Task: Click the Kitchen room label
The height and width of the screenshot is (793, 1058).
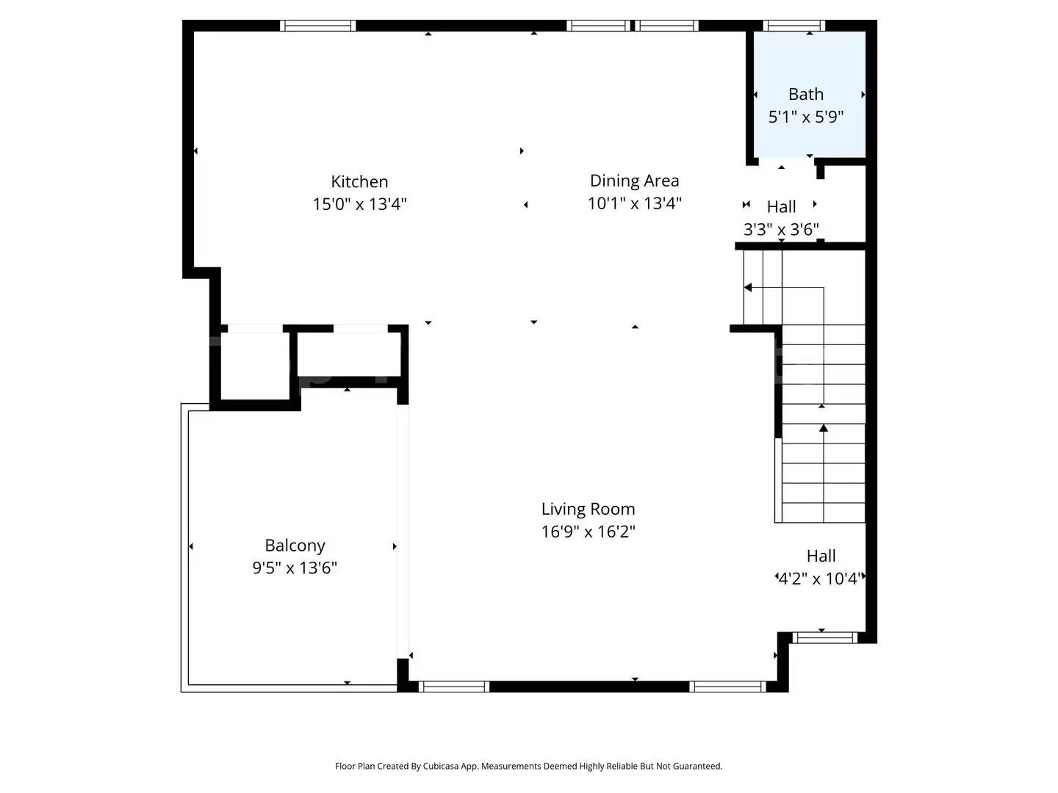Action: (x=359, y=181)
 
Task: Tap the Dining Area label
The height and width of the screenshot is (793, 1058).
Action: (x=634, y=181)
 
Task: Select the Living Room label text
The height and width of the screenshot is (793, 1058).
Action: (x=588, y=508)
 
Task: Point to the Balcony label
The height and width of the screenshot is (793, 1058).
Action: (x=295, y=545)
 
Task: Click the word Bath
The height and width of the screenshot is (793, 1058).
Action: (x=806, y=94)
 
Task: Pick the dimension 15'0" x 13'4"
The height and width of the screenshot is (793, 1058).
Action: (x=359, y=204)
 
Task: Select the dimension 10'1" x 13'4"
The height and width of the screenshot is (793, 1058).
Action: (x=634, y=203)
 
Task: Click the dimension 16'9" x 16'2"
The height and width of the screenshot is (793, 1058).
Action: (x=588, y=532)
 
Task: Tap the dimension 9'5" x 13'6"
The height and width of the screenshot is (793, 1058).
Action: (x=295, y=568)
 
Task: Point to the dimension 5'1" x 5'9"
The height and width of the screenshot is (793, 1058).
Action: (x=806, y=117)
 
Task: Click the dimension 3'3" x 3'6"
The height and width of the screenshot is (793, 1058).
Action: (x=781, y=229)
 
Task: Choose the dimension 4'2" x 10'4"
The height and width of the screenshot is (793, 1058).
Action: (x=819, y=579)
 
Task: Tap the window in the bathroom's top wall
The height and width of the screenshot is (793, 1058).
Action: (x=794, y=26)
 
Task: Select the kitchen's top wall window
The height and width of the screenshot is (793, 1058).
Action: (x=317, y=26)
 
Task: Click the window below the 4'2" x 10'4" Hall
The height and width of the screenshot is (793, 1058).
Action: (x=824, y=637)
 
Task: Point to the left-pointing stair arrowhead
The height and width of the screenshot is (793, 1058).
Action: (x=748, y=287)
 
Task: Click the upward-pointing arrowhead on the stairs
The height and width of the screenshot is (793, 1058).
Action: (x=824, y=427)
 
